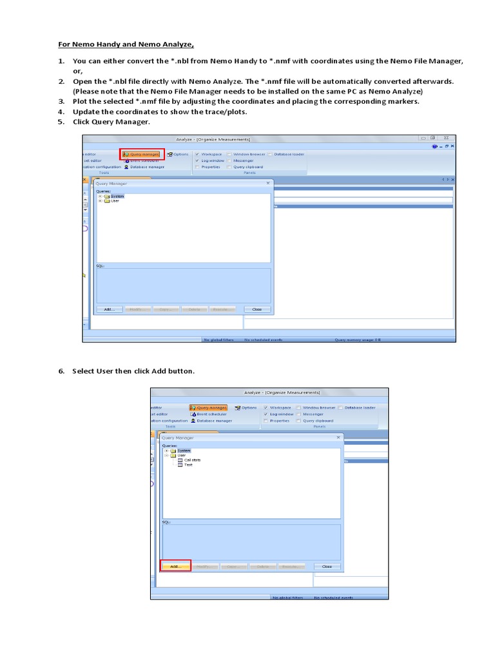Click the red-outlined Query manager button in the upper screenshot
(141, 154)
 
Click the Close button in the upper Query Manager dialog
(257, 309)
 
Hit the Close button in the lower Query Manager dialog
(327, 566)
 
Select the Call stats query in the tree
(192, 460)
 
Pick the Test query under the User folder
(188, 465)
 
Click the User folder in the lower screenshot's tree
(181, 455)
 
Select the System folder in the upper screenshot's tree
(116, 196)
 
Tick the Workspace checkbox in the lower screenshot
(266, 407)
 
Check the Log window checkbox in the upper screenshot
(197, 160)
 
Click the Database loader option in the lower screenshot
(360, 407)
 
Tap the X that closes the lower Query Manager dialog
(338, 438)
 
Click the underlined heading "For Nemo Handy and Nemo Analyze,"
(127, 44)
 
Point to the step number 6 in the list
(61, 371)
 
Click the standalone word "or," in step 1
(78, 71)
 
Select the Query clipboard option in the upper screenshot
(248, 167)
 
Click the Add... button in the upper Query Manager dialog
(109, 309)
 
